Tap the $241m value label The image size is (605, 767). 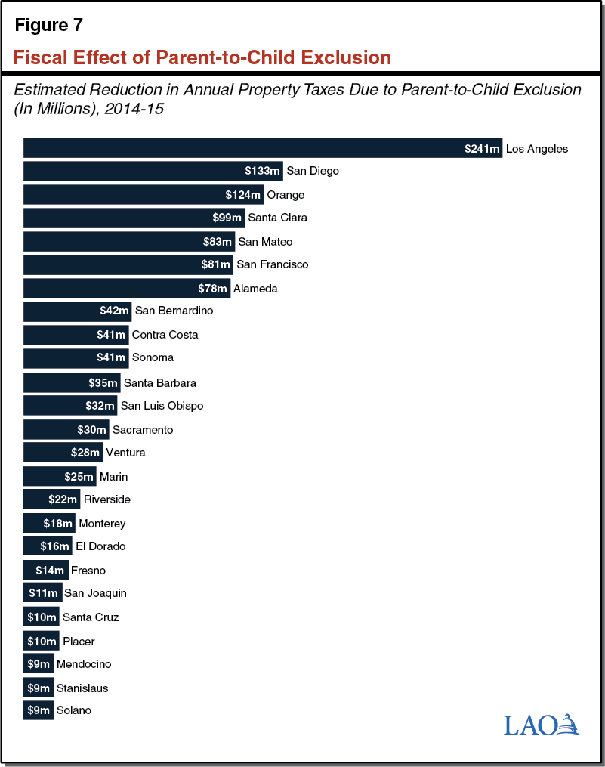(482, 149)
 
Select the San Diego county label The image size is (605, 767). (313, 171)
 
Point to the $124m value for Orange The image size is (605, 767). (243, 195)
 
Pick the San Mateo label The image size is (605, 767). (264, 242)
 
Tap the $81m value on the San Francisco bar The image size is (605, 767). (215, 264)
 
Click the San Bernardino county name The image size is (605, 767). (174, 311)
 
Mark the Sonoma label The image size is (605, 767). (153, 357)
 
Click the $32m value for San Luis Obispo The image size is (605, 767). (100, 406)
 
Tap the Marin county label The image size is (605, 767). (113, 477)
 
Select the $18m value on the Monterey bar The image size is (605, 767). (57, 524)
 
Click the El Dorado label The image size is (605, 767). (100, 546)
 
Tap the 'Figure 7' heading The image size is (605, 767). (49, 24)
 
